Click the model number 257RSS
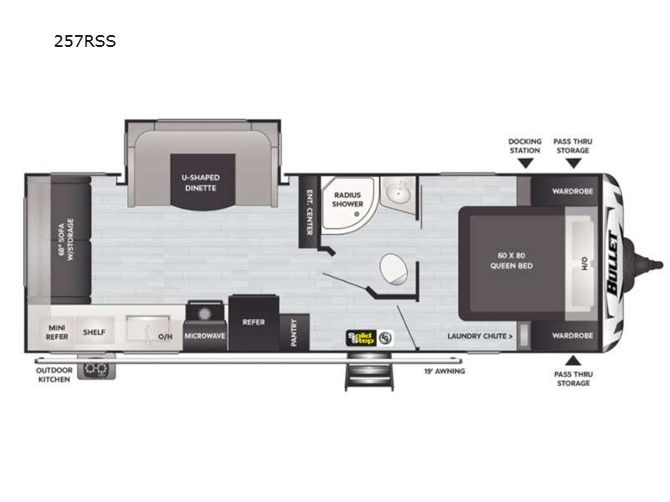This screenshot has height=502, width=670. [85, 41]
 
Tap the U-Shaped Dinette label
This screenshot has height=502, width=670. [200, 182]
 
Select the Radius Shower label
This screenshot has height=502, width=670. [348, 199]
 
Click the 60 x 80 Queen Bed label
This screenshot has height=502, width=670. [511, 260]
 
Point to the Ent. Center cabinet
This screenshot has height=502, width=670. [308, 212]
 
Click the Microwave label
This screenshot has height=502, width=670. [204, 336]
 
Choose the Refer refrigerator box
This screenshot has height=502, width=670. [254, 323]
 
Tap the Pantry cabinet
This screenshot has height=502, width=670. [295, 332]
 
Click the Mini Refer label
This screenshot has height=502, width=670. [57, 332]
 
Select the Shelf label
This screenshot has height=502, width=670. [94, 332]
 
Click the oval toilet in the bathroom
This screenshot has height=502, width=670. [393, 269]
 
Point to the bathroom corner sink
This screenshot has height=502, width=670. [399, 193]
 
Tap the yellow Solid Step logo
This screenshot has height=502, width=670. [362, 338]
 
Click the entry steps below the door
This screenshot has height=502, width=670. [369, 371]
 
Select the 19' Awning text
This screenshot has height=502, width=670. [445, 371]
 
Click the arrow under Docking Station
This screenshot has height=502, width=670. [525, 163]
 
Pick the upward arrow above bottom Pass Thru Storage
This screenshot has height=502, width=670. [573, 361]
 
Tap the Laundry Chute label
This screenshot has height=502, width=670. [480, 336]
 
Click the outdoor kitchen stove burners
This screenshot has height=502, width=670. [95, 369]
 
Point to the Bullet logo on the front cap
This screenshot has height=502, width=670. [613, 263]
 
